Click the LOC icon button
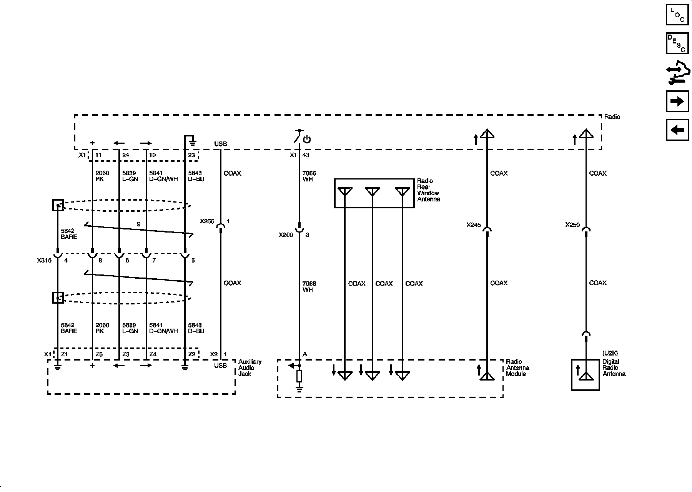click(677, 15)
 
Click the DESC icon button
click(677, 43)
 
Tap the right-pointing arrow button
click(677, 101)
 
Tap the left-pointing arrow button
click(677, 130)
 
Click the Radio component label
click(612, 117)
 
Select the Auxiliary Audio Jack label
click(250, 368)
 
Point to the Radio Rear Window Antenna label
click(428, 190)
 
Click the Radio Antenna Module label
click(517, 368)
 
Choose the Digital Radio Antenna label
click(614, 368)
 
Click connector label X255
click(207, 221)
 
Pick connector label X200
click(286, 235)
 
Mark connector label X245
click(473, 225)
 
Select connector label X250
click(572, 225)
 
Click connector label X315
click(44, 260)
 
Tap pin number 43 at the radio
click(306, 155)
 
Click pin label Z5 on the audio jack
click(99, 354)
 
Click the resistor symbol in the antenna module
click(299, 376)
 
